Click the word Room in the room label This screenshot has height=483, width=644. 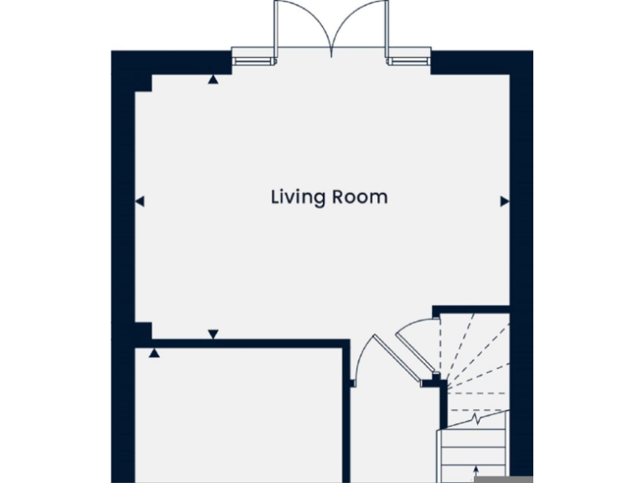pyautogui.click(x=361, y=198)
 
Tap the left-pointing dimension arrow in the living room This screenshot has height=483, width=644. pyautogui.click(x=140, y=201)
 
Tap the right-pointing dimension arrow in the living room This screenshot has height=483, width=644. pyautogui.click(x=504, y=201)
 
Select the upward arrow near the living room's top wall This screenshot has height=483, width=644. pyautogui.click(x=213, y=80)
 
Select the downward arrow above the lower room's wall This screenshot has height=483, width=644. pyautogui.click(x=213, y=334)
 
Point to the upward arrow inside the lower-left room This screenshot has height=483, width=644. pyautogui.click(x=154, y=353)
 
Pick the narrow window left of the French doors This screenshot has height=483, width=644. pyautogui.click(x=252, y=59)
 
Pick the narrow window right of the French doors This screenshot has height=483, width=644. pyautogui.click(x=408, y=59)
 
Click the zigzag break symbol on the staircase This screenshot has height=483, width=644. pyautogui.click(x=476, y=416)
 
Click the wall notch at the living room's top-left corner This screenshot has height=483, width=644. pyautogui.click(x=143, y=81)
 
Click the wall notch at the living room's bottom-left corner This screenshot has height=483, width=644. pyautogui.click(x=143, y=329)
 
